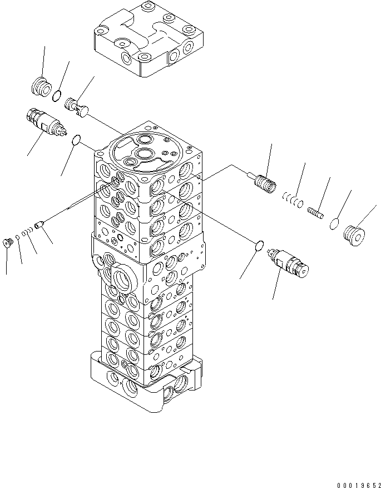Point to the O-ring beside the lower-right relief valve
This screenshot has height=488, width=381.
[x=259, y=246]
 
